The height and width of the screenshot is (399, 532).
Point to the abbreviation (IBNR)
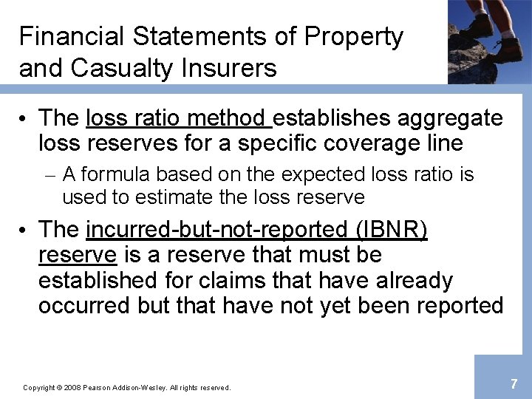point(392,230)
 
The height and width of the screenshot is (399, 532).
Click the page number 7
point(514,383)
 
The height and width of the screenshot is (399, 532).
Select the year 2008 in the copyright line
point(71,387)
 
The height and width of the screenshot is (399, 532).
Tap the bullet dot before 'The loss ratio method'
point(24,119)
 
